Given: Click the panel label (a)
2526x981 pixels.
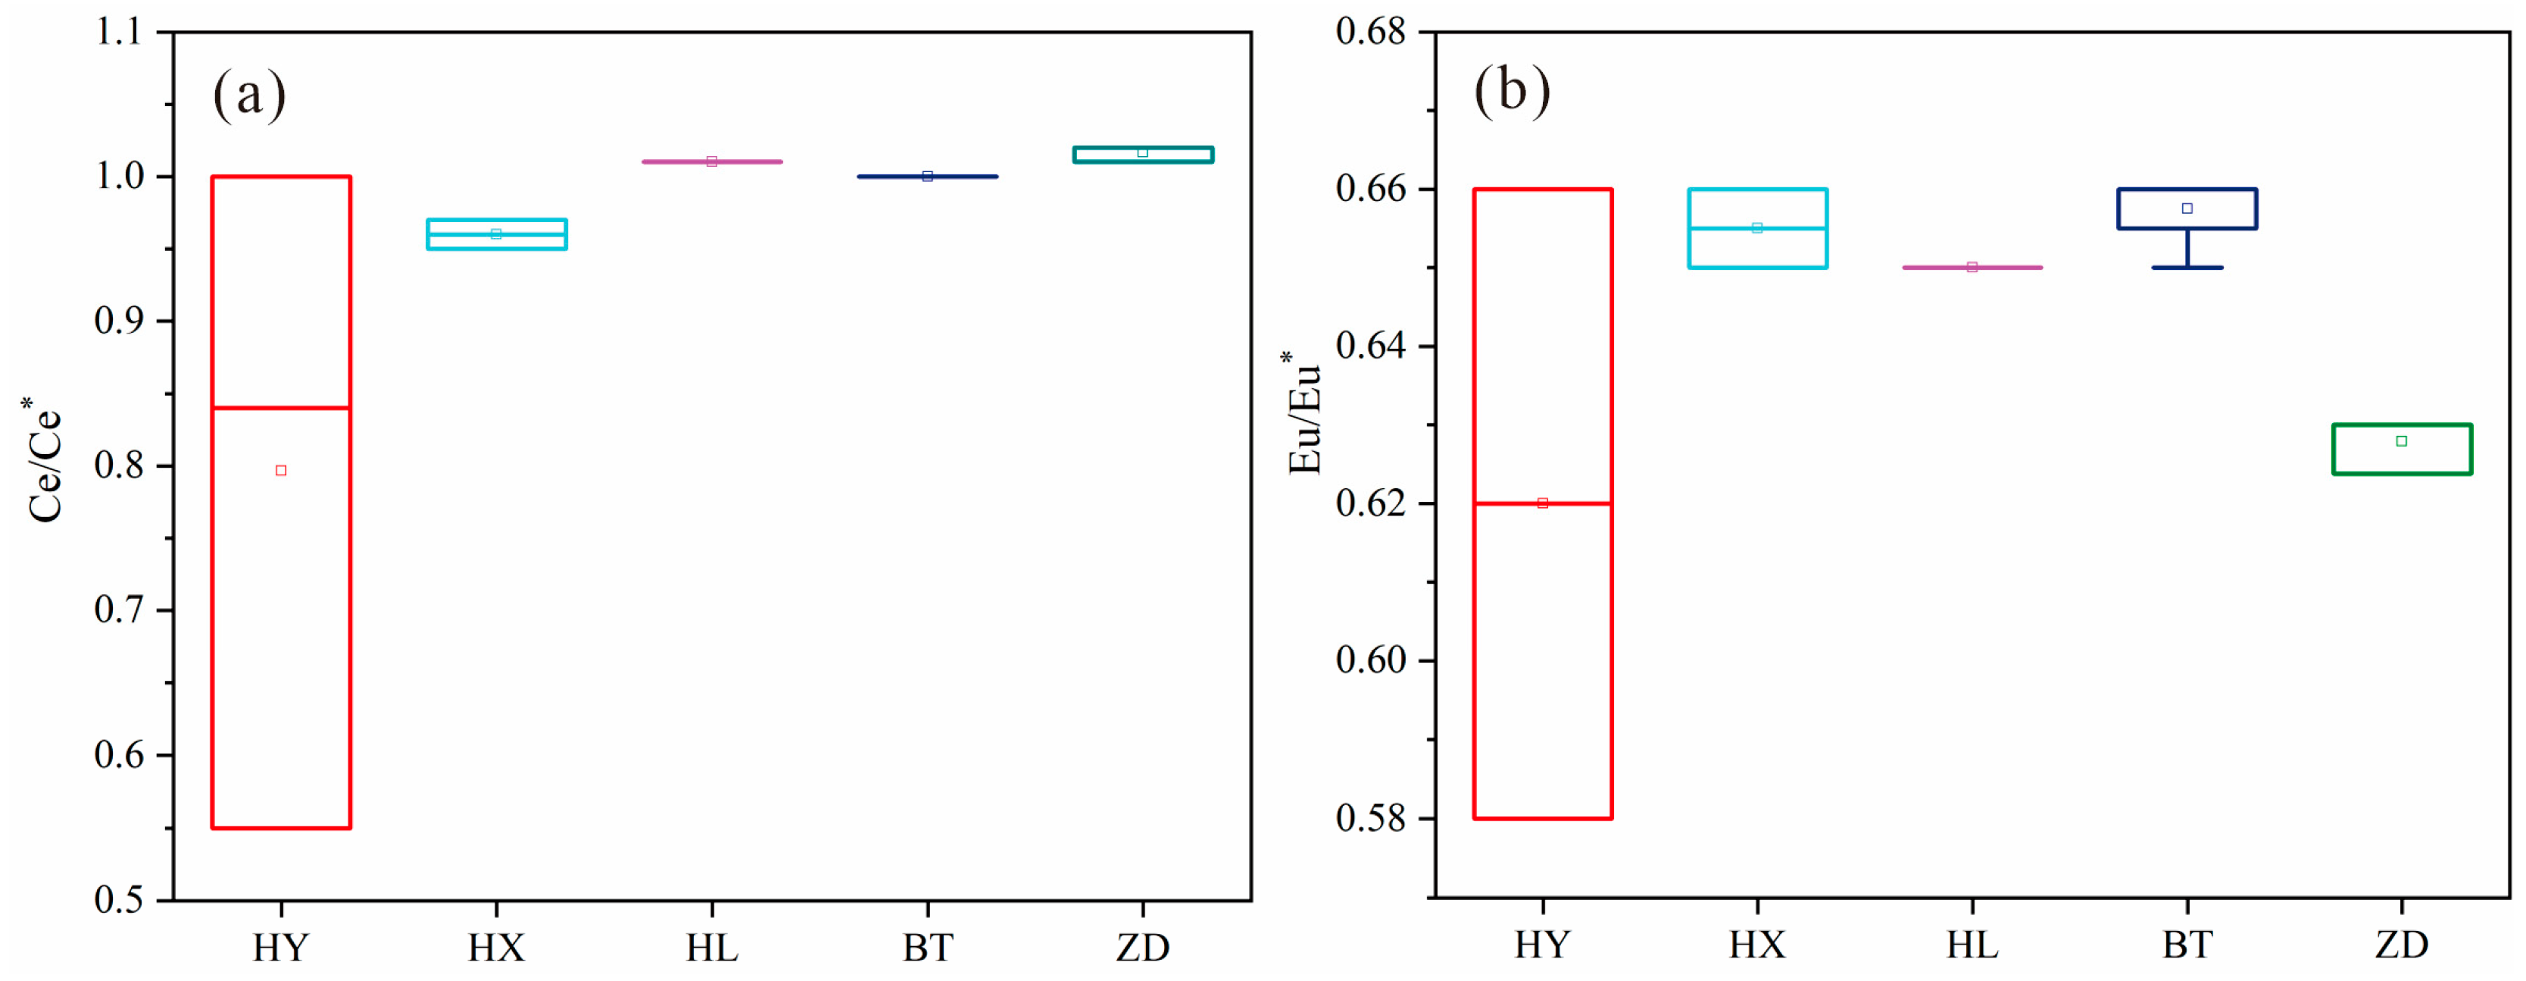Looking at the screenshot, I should click(249, 96).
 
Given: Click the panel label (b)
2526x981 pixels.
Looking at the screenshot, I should click(1511, 90).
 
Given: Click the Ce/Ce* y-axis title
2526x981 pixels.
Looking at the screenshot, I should click(43, 459).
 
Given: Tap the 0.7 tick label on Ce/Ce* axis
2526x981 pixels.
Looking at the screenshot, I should click(119, 610).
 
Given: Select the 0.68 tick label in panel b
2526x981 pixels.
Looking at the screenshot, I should click(1370, 31).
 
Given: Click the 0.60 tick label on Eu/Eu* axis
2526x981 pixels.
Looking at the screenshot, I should click(1370, 660).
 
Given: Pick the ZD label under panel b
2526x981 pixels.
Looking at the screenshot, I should click(2402, 945).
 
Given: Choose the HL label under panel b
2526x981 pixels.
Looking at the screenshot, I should click(1972, 945).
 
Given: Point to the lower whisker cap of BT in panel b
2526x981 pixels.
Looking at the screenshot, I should click(2187, 268).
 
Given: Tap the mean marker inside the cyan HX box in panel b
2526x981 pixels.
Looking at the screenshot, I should click(1757, 227).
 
